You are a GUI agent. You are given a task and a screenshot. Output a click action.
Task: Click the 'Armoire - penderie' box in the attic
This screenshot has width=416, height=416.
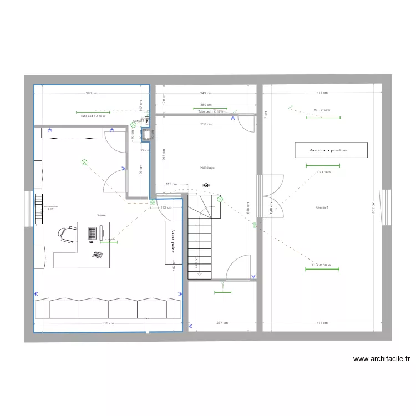click(x=331, y=150)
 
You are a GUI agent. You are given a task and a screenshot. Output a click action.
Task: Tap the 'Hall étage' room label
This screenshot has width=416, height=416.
click(x=207, y=167)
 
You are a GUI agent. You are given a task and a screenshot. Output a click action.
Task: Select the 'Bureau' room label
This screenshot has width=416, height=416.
click(x=101, y=215)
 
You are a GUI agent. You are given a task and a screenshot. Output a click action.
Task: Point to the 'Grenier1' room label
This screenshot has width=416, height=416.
click(x=322, y=208)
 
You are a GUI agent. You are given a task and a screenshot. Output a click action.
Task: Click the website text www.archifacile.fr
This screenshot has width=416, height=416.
click(x=382, y=359)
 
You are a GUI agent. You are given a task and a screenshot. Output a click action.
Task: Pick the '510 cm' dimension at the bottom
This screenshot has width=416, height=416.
click(x=108, y=323)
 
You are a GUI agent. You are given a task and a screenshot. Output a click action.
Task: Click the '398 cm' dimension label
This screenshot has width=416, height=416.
click(x=92, y=93)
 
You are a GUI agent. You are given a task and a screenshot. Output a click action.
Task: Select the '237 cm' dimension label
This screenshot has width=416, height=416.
click(x=222, y=323)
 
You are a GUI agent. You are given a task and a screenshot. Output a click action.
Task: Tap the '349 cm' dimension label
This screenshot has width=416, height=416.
click(x=206, y=93)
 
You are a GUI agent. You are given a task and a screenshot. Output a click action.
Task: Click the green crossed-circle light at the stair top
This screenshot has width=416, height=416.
click(x=220, y=199)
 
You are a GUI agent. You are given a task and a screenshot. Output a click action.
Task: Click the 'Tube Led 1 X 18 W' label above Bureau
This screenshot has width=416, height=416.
click(x=93, y=116)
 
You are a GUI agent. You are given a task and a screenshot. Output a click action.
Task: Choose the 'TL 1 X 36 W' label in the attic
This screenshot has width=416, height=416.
click(x=322, y=110)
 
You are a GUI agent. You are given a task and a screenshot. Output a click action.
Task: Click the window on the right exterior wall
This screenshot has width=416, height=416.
click(x=387, y=207)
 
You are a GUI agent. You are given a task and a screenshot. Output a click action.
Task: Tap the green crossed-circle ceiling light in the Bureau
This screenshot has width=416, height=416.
click(x=84, y=163)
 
